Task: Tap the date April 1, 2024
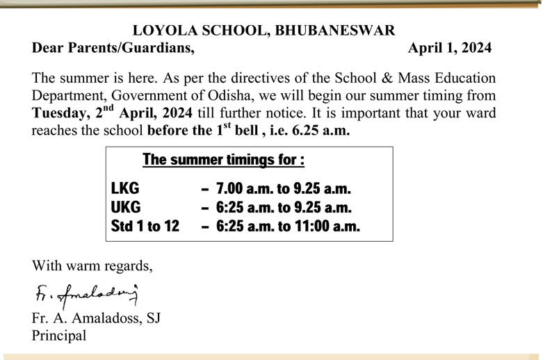(x=450, y=48)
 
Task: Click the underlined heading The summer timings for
(x=223, y=160)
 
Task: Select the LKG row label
(x=125, y=189)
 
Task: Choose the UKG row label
(x=126, y=207)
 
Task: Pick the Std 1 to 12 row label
(x=145, y=226)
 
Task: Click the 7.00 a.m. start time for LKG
(x=238, y=189)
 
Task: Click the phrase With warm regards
(x=92, y=265)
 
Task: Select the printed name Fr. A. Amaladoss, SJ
(x=97, y=319)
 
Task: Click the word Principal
(x=59, y=336)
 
